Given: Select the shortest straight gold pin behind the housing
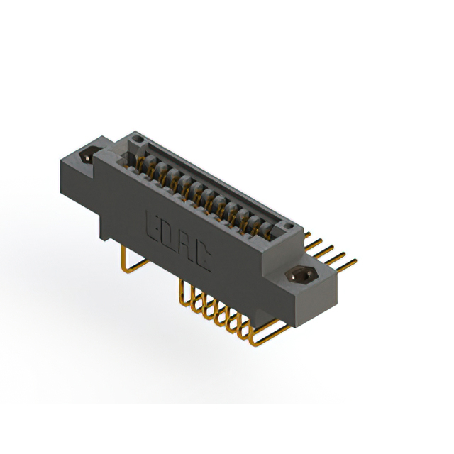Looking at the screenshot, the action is (307, 234).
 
